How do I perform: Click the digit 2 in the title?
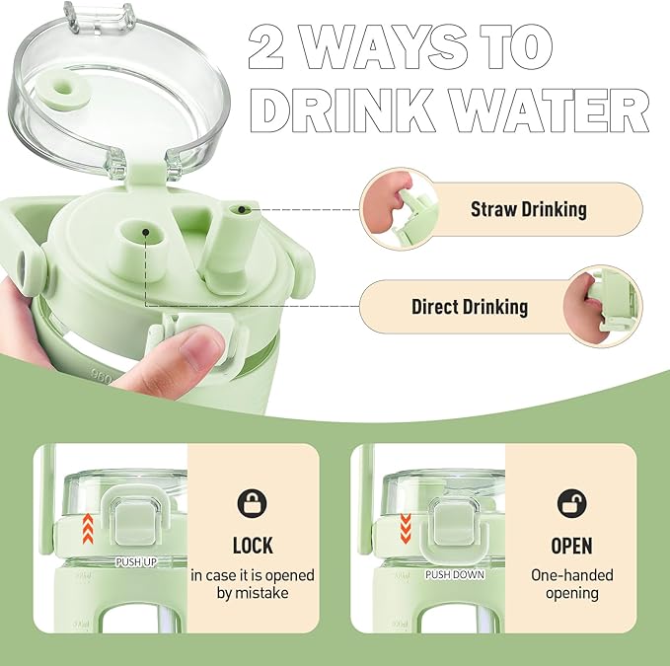[x=265, y=46]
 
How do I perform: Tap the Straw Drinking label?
[x=529, y=209]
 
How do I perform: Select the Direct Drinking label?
[x=470, y=307]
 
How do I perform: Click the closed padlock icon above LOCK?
[x=252, y=503]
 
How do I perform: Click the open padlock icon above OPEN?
[x=572, y=503]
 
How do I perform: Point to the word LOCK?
[x=253, y=546]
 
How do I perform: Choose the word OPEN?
[x=571, y=546]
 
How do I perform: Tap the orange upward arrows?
[x=88, y=529]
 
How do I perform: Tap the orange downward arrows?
[x=406, y=529]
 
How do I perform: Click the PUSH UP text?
[x=136, y=562]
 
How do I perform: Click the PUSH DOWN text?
[x=455, y=574]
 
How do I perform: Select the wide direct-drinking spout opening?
[x=143, y=233]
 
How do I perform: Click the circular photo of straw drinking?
[x=399, y=209]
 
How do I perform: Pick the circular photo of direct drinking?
[x=603, y=306]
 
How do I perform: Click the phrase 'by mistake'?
[x=253, y=593]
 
